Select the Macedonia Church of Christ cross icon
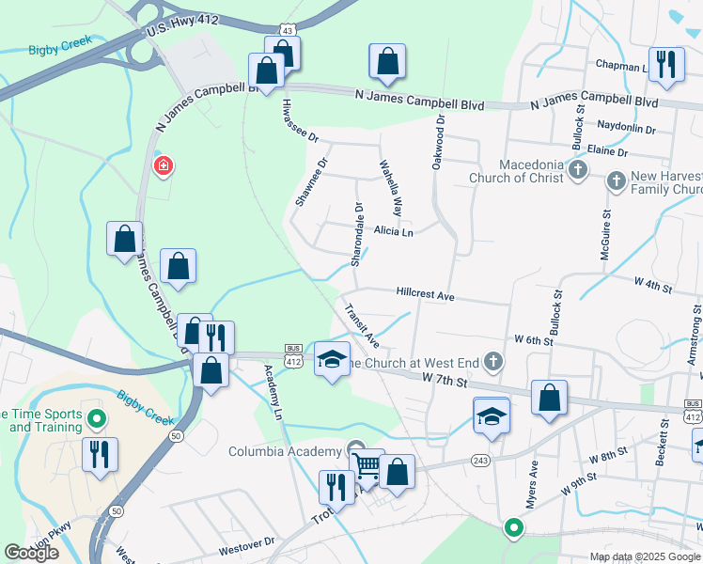pos(578,171)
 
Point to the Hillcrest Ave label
pos(425,294)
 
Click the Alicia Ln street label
pos(393,230)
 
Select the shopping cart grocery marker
pos(367,464)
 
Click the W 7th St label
pos(445,380)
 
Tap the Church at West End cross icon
pos(492,361)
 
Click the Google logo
pos(31,553)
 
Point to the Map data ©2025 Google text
pos(644,556)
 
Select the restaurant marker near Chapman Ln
pos(666,65)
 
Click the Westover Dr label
pos(246,541)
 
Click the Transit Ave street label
pos(360,324)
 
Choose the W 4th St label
pos(654,282)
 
